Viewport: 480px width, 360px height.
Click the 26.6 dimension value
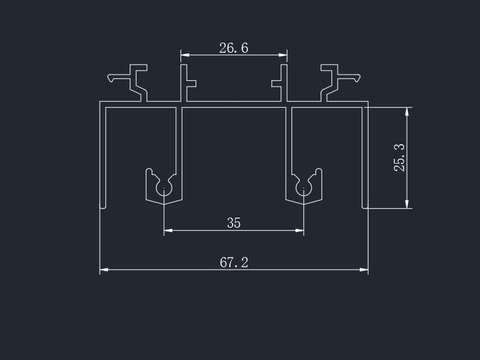pos(233,48)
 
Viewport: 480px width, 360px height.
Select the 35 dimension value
pos(234,223)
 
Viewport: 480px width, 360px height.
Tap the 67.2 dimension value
pos(234,262)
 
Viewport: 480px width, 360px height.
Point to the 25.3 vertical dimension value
pos(399,158)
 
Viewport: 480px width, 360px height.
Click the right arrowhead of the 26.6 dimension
pos(283,55)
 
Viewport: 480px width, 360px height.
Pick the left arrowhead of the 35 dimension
pos(168,230)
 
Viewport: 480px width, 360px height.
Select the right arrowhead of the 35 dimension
pos(299,230)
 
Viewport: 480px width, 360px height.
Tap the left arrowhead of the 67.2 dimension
pos(104,269)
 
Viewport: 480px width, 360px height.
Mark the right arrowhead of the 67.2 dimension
pos(364,269)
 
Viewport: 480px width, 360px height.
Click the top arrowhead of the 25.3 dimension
pos(407,112)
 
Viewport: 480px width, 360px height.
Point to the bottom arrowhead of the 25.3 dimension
pos(407,204)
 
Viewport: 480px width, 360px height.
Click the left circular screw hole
pos(164,188)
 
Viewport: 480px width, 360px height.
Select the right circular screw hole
pos(304,188)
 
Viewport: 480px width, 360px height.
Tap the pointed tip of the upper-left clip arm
pos(109,78)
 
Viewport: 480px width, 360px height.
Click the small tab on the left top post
pos(191,83)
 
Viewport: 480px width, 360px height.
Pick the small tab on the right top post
pos(277,83)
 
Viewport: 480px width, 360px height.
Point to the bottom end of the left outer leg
pos(103,208)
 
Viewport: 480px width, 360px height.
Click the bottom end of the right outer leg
pos(365,208)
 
